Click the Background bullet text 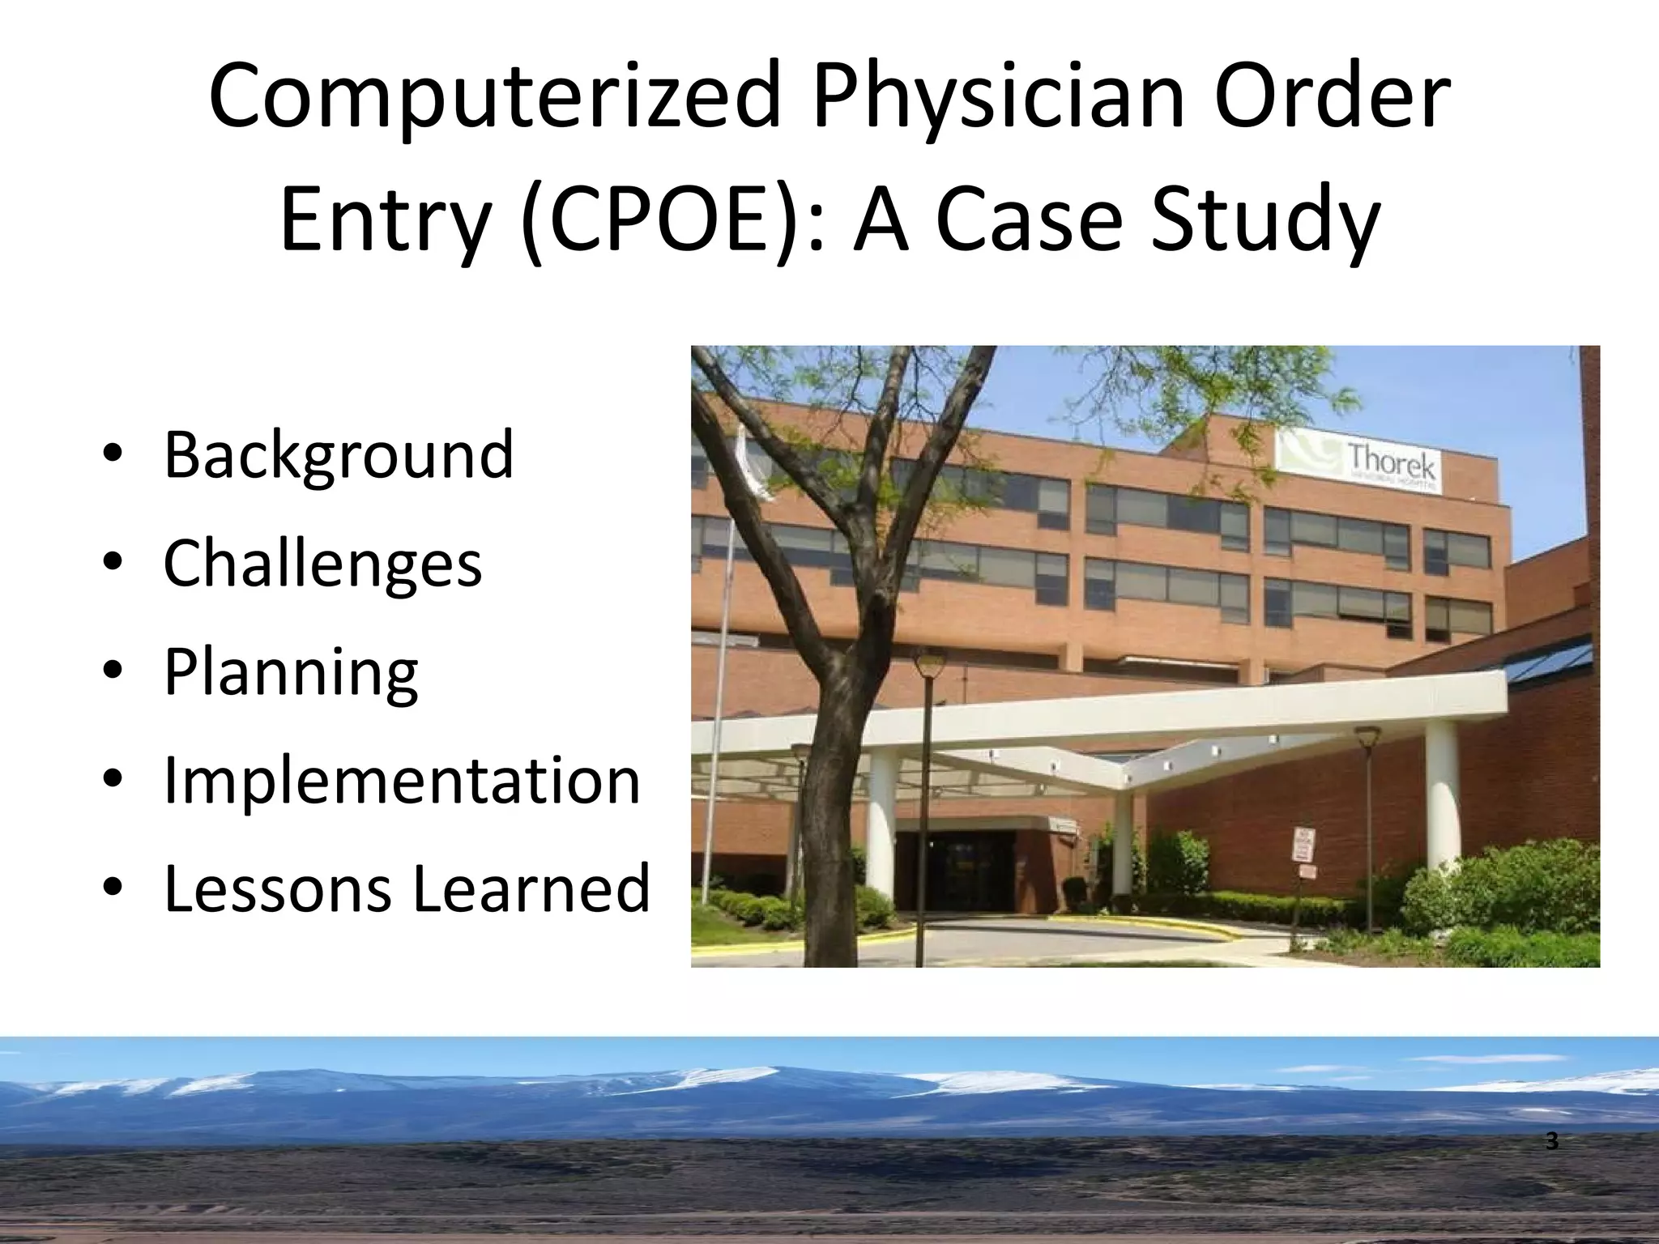339,456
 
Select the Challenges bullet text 322,564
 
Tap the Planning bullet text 291,672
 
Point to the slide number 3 1552,1143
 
